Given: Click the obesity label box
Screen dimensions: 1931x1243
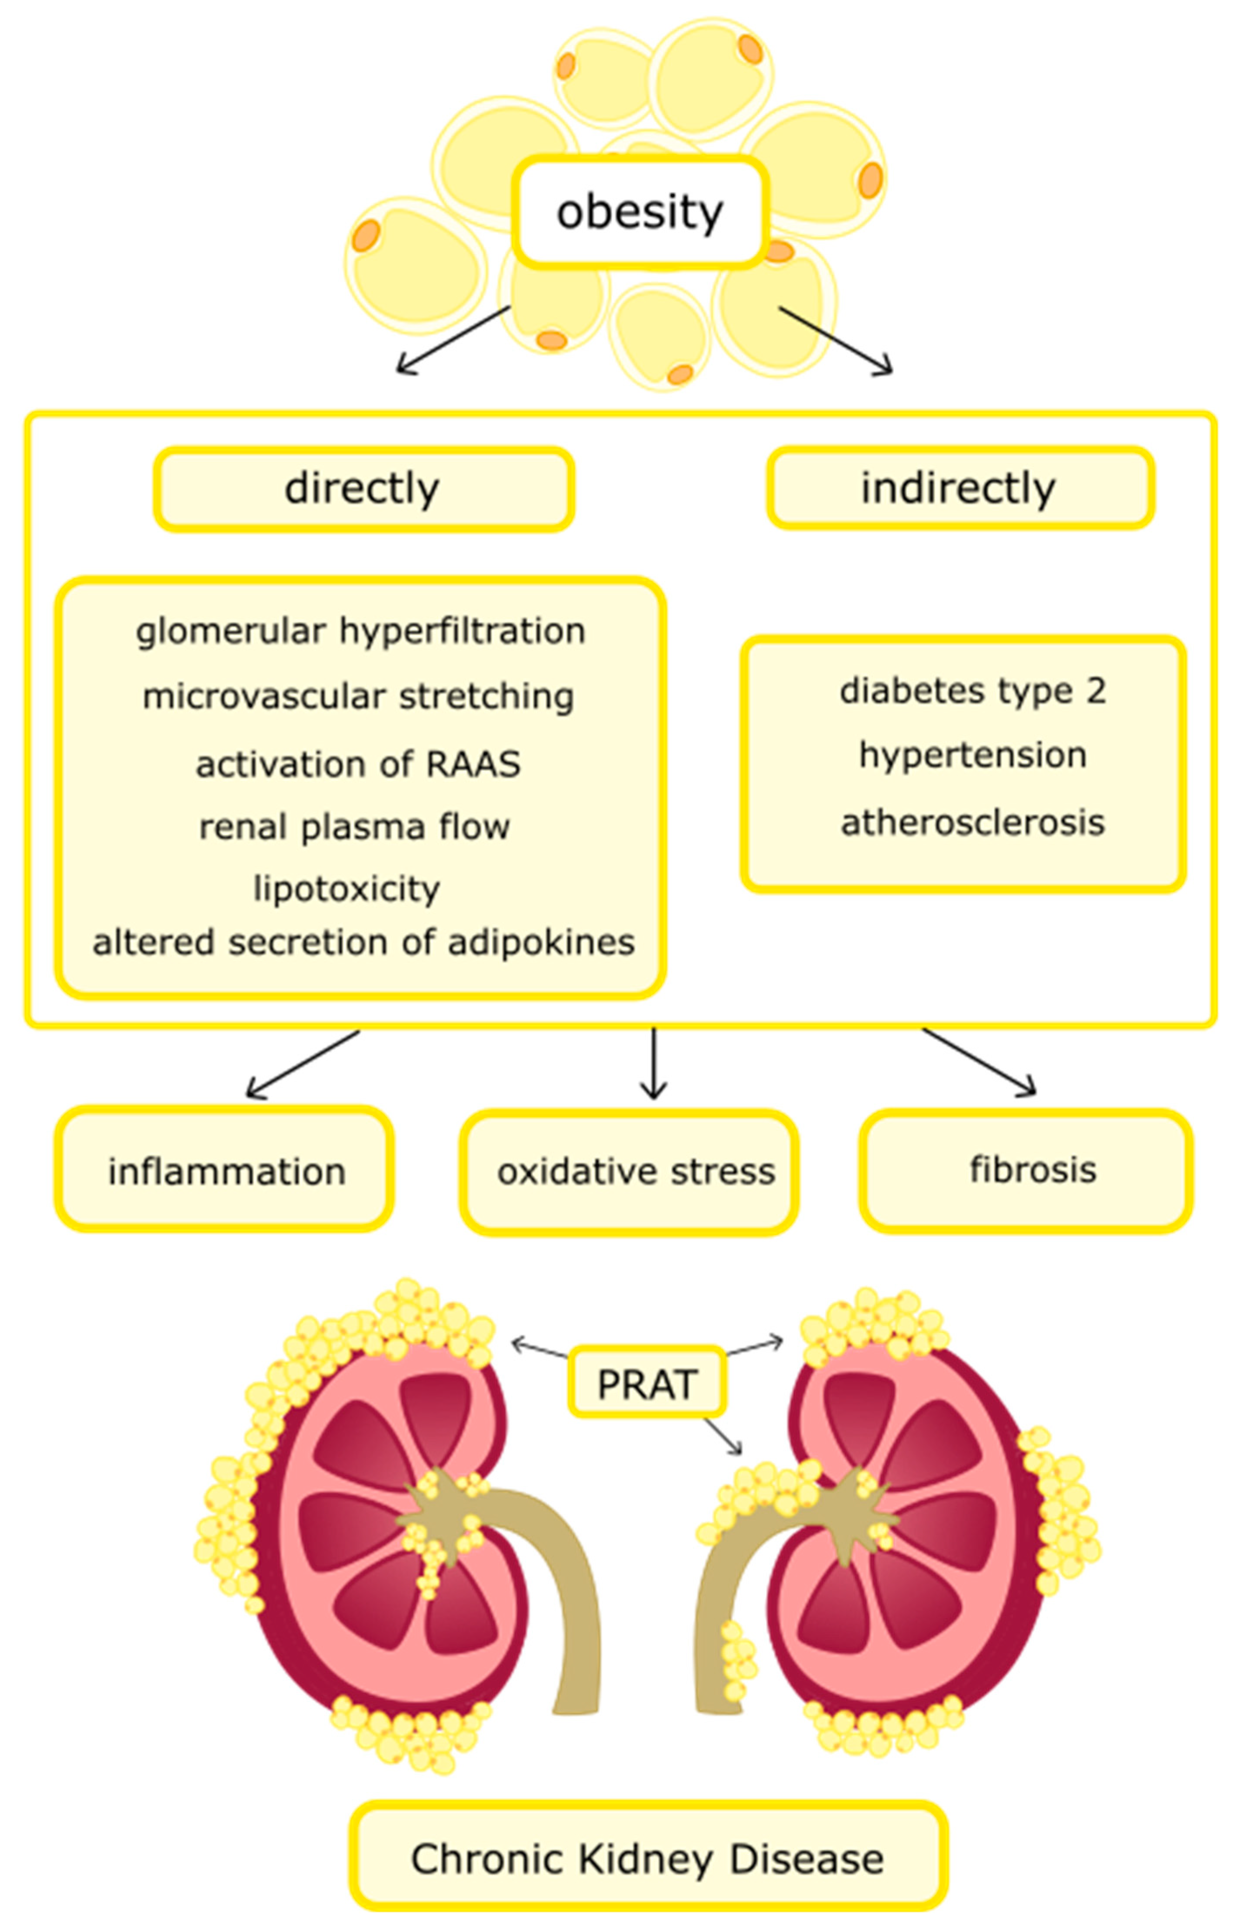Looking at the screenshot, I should tap(640, 211).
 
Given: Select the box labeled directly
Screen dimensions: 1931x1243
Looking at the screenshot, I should tap(363, 488).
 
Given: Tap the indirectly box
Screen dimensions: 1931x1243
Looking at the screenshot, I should tap(960, 488).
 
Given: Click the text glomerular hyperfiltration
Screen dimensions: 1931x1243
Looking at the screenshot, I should tap(360, 630).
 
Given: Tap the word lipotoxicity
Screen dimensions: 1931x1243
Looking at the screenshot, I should tap(347, 889).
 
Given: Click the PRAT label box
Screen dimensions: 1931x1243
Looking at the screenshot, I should tap(646, 1384).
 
